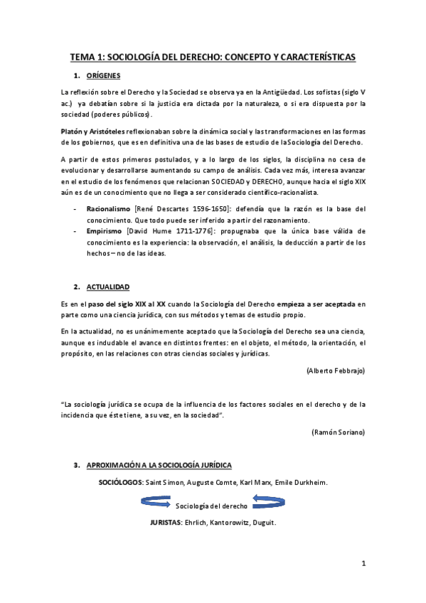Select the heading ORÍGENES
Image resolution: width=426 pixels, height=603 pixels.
pos(104,75)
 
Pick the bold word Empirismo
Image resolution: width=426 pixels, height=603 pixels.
pos(107,231)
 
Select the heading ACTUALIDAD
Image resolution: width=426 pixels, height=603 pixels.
pos(108,287)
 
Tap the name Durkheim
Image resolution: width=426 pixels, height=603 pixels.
pos(310,483)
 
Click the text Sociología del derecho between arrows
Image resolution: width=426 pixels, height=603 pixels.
pos(211,505)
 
